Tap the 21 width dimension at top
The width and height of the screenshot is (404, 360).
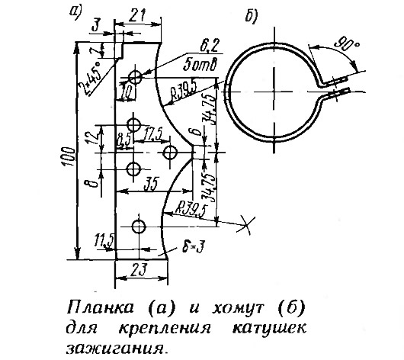[136, 15]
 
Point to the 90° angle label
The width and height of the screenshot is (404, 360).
[347, 43]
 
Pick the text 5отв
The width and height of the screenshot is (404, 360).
[200, 65]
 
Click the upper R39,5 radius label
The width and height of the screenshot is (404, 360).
[184, 92]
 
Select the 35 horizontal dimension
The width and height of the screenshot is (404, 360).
[152, 184]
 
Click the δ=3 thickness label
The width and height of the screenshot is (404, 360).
[194, 248]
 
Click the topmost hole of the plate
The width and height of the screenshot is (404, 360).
[135, 76]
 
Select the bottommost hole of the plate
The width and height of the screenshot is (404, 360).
[139, 227]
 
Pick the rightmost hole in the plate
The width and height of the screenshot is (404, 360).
[170, 152]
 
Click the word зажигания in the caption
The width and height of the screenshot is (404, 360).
[115, 348]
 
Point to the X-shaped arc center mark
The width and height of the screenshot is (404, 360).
[247, 225]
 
